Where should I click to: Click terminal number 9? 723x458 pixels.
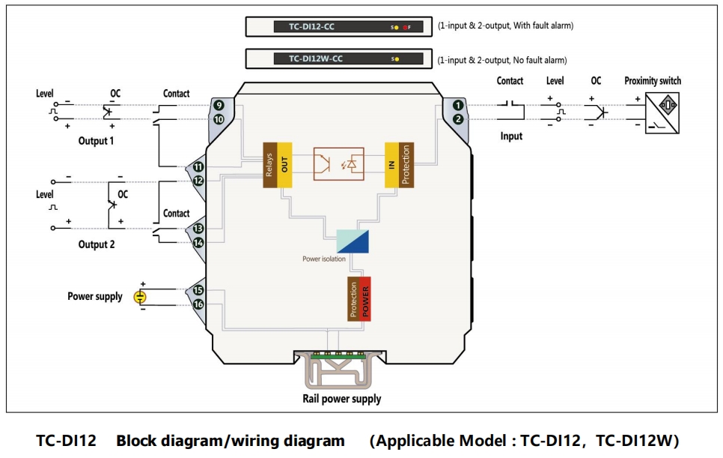[219, 106]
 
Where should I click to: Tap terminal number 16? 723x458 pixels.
[198, 304]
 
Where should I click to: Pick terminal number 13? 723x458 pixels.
[198, 229]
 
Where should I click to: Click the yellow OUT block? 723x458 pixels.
[284, 164]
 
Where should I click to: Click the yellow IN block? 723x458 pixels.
[391, 164]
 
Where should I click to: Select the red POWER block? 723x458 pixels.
[365, 298]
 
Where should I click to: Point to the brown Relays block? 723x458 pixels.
[269, 164]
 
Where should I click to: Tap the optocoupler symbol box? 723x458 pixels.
[338, 163]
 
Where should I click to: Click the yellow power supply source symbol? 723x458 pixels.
[140, 297]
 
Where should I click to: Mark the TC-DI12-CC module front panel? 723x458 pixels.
[340, 27]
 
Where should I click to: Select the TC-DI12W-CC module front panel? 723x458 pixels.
[340, 59]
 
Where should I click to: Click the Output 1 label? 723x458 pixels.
[97, 141]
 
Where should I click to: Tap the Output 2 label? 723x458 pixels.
[97, 244]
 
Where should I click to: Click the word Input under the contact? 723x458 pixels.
[511, 136]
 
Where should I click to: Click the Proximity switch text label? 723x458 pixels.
[653, 81]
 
